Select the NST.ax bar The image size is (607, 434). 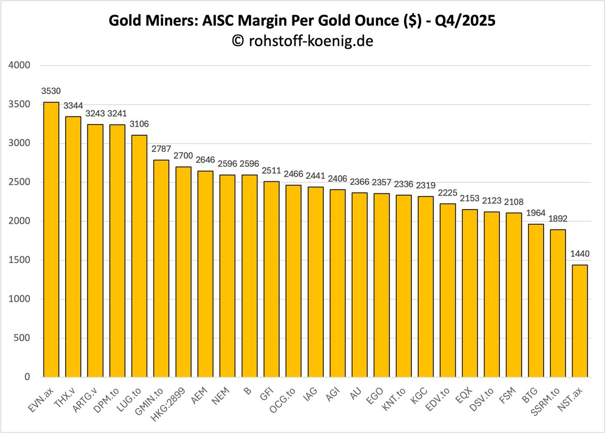click(580, 321)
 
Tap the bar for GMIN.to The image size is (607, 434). click(161, 268)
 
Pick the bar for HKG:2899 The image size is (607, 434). click(183, 272)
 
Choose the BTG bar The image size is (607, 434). click(536, 301)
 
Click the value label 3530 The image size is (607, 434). click(51, 91)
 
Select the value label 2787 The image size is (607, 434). click(161, 149)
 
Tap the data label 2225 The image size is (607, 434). click(448, 193)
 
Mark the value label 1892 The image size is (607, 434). click(558, 219)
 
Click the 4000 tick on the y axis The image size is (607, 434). click(20, 65)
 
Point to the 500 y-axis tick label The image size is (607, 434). click(22, 338)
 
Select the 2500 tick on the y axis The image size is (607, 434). click(20, 182)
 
